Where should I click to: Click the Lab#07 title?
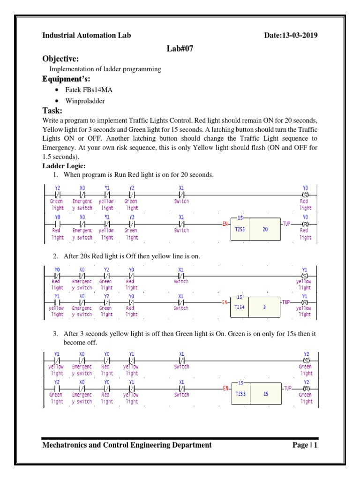180,48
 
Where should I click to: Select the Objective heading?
60,59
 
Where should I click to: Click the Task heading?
52,111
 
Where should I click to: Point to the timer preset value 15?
265,394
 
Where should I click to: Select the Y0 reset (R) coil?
305,224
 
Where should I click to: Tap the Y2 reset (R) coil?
306,389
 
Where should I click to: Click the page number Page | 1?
305,445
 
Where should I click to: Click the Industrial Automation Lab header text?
87,36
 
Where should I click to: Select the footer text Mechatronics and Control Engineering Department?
127,445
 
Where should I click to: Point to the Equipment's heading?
67,79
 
